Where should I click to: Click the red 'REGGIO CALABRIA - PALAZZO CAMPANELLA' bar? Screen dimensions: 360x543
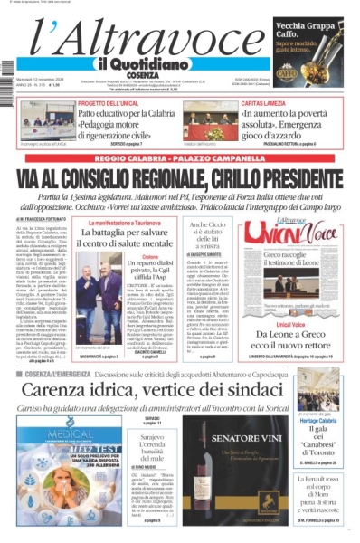179,159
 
